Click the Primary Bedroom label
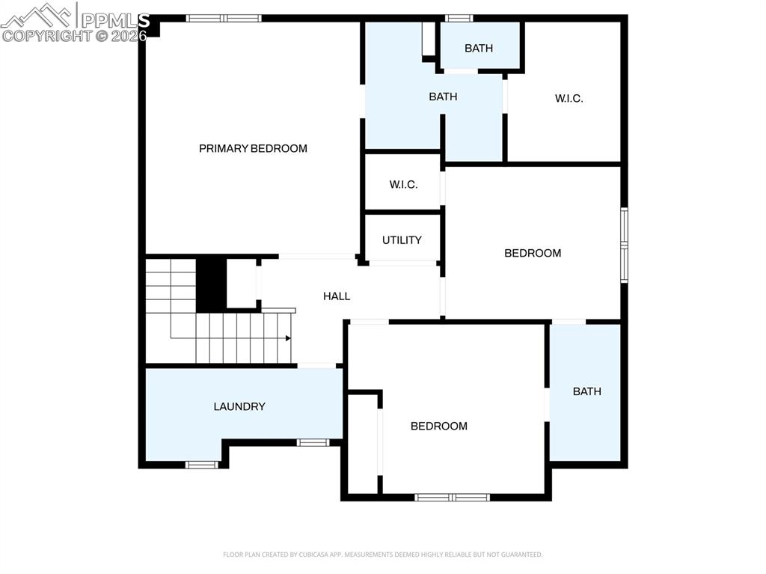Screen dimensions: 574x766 point(253,148)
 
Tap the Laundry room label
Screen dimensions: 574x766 point(239,406)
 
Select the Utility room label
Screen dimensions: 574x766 point(402,240)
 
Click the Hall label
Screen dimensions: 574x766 point(337,296)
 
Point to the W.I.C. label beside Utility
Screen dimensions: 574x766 point(403,184)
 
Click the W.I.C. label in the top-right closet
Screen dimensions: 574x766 point(569,98)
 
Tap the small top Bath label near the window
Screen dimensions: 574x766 point(479,49)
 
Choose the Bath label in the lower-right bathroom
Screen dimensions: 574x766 point(586,391)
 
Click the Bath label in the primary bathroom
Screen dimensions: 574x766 point(443,97)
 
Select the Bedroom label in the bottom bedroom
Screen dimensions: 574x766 point(439,426)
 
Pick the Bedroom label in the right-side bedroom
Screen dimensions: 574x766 point(533,253)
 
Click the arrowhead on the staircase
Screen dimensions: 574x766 point(288,338)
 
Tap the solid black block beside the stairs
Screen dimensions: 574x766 point(211,284)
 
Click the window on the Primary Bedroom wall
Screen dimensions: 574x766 point(224,18)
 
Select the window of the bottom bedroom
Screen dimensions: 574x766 point(453,497)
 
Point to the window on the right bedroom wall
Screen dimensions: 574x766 point(624,245)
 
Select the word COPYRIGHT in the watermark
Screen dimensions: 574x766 point(37,35)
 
